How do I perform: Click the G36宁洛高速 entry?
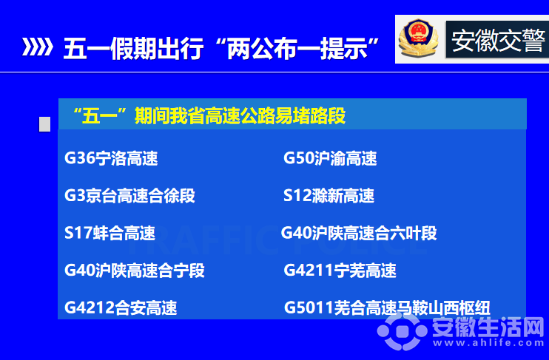111,158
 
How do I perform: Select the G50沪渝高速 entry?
330,158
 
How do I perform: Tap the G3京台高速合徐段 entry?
129,196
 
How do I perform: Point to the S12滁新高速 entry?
329,196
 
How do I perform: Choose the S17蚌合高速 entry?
110,233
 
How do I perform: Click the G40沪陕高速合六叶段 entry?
359,233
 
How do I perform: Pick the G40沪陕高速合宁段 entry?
135,271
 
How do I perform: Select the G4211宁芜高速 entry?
340,271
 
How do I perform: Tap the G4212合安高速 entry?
121,308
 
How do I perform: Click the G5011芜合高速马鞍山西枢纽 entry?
387,308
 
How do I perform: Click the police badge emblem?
419,38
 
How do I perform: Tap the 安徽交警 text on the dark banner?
498,40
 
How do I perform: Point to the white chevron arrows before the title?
37,47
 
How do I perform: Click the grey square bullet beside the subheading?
44,124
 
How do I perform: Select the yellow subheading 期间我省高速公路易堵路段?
240,116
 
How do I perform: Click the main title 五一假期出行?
133,48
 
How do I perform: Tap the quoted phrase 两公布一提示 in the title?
297,48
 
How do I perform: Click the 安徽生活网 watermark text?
488,327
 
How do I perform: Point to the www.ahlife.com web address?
488,343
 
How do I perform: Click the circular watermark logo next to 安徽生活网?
403,330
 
